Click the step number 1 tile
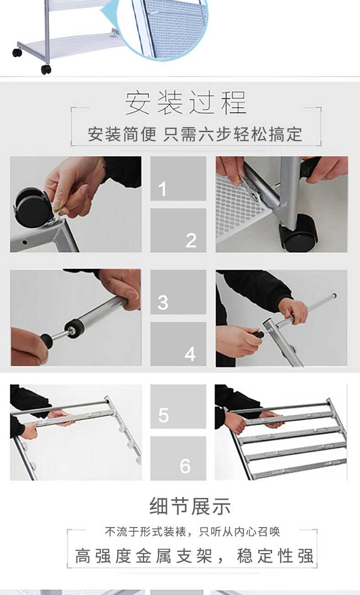pos(178,178)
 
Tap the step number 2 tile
pos(178,230)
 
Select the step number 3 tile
pos(178,292)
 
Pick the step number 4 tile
pos(178,344)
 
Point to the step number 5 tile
pos(178,406)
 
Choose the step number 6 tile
pos(178,458)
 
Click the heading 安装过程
pos(186,103)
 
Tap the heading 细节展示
pos(190,506)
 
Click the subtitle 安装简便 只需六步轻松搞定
pos(195,134)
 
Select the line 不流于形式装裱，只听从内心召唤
pos(192,532)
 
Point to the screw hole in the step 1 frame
pos(25,242)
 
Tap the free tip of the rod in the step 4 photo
pos(334,295)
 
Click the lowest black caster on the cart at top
pos(46,70)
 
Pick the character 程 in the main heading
pos(234,103)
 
